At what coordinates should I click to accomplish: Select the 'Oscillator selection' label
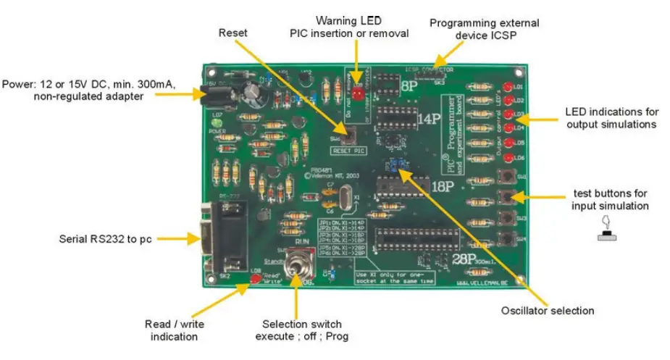click(x=548, y=311)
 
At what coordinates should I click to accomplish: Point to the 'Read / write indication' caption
click(x=173, y=330)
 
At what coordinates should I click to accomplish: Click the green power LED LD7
click(x=214, y=131)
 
